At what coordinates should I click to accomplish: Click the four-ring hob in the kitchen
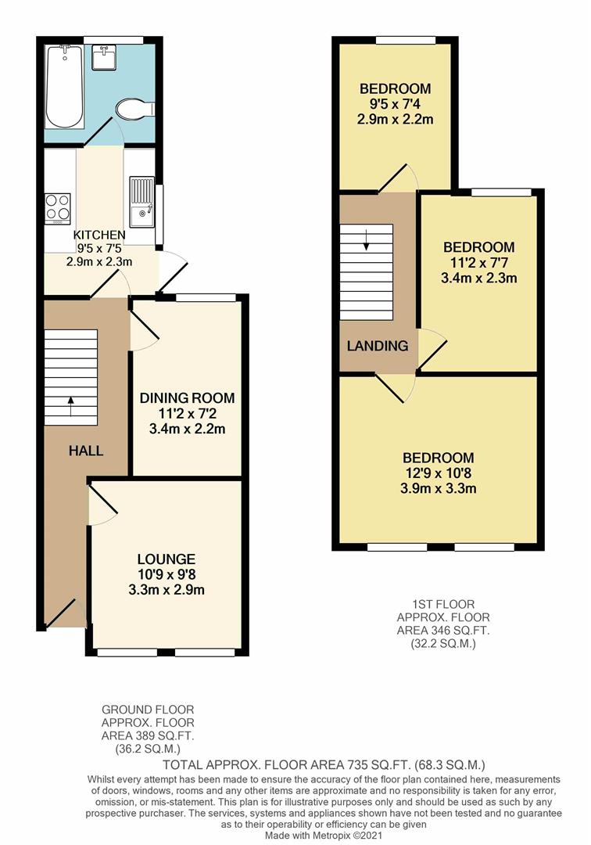click(58, 208)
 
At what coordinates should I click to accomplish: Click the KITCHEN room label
click(99, 235)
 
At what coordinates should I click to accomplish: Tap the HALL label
click(86, 451)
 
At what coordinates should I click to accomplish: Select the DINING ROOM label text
click(187, 398)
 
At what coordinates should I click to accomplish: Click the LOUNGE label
click(166, 559)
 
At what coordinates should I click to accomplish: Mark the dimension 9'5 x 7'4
click(394, 104)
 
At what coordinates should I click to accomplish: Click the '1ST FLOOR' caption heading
click(443, 604)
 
